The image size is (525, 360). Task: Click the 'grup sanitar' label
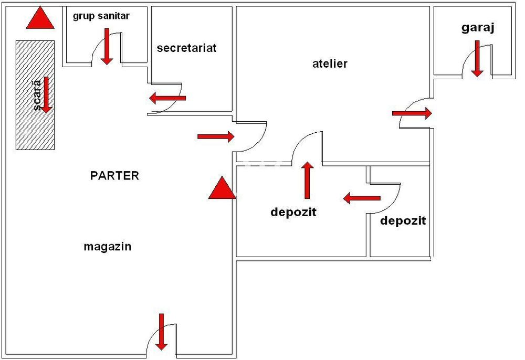coord(101,16)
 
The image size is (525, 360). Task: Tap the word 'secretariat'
coord(186,48)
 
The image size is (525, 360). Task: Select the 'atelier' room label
coord(330,64)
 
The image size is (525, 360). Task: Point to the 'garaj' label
coord(478,28)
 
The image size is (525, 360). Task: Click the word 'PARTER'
coord(114,175)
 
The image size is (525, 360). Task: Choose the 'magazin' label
coord(107,246)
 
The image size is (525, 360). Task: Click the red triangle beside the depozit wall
coord(222,189)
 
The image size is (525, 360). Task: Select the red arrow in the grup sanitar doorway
coord(107,46)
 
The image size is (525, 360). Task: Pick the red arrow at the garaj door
coord(477,59)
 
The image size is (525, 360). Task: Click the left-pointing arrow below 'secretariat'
coord(167,98)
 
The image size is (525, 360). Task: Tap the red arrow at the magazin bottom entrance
coord(161,332)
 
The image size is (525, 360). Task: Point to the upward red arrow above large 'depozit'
coord(308,180)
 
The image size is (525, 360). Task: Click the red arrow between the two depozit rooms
coord(362,198)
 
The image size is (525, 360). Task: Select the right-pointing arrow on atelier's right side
coord(412,112)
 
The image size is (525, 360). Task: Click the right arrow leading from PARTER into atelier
coord(216,136)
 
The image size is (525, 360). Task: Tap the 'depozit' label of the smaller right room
coord(403,220)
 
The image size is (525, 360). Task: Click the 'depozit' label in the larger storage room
coord(293,213)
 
